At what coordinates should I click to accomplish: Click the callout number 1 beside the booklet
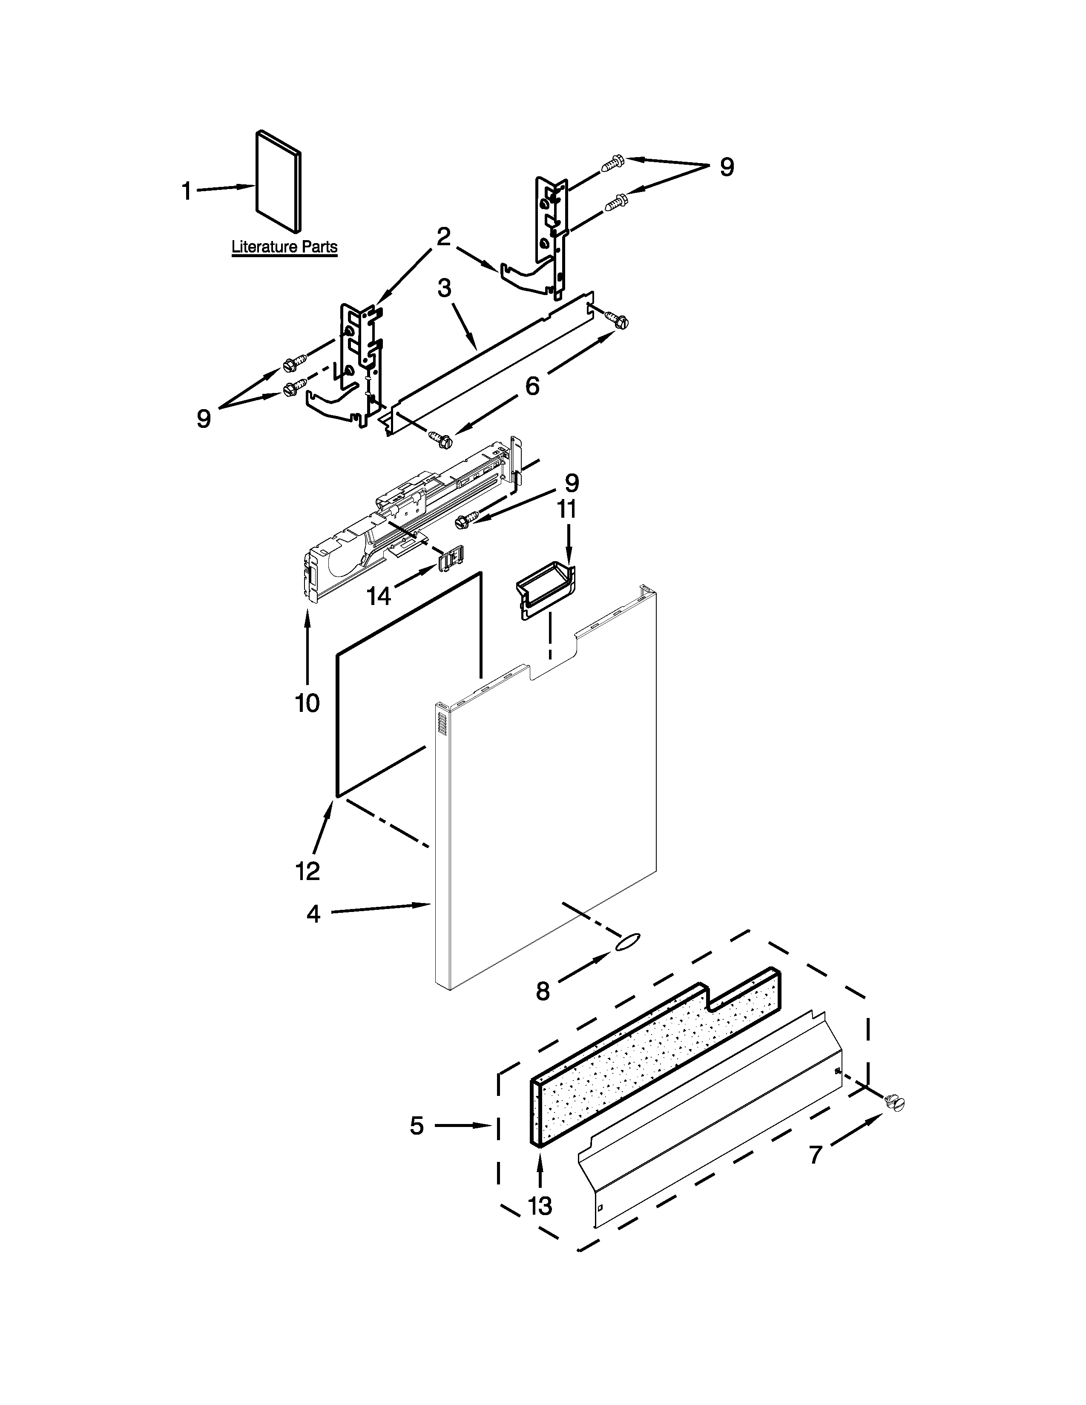187,191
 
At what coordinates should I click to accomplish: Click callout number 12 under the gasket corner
307,871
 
